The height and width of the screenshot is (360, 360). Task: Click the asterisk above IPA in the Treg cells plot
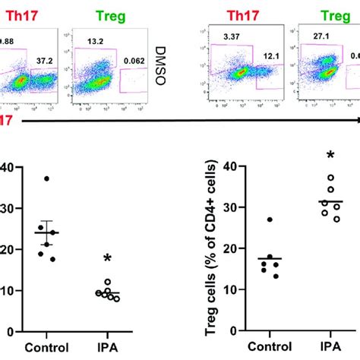(330, 156)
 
